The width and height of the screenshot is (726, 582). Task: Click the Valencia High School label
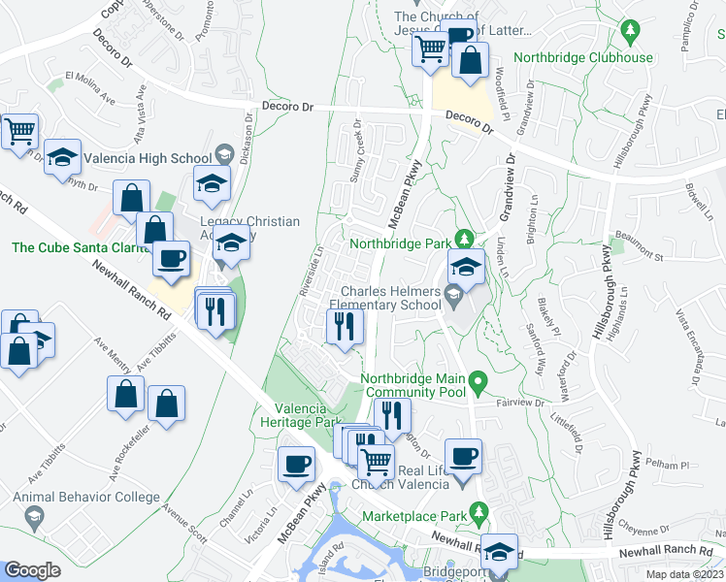(148, 158)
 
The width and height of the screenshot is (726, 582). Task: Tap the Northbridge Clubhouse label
(582, 57)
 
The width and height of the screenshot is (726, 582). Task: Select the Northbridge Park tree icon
(465, 238)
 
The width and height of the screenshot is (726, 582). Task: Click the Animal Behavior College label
(86, 498)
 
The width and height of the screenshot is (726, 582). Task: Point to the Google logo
(32, 570)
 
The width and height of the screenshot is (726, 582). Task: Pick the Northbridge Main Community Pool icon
(477, 384)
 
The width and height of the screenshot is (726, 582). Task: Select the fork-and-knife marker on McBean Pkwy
(342, 328)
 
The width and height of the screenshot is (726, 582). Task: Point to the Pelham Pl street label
(669, 467)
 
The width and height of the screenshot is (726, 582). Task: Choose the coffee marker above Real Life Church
(464, 456)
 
